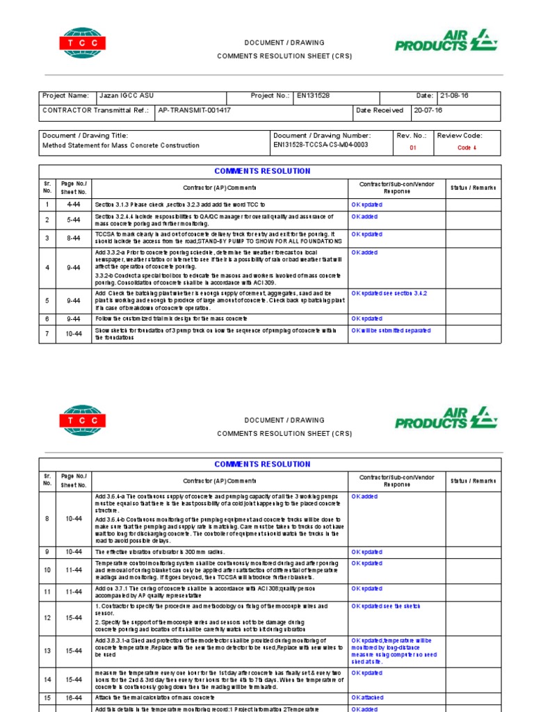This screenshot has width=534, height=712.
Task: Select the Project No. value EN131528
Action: [x=314, y=96]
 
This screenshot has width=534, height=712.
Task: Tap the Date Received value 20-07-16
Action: [x=428, y=110]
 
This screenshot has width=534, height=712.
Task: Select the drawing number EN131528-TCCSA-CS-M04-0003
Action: [x=321, y=145]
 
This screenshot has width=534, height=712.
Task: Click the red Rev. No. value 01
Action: [x=413, y=147]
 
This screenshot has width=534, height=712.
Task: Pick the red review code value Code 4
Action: [x=467, y=147]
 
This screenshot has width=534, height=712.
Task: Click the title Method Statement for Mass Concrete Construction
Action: [x=121, y=145]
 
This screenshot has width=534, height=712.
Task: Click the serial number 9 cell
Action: [x=47, y=551]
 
